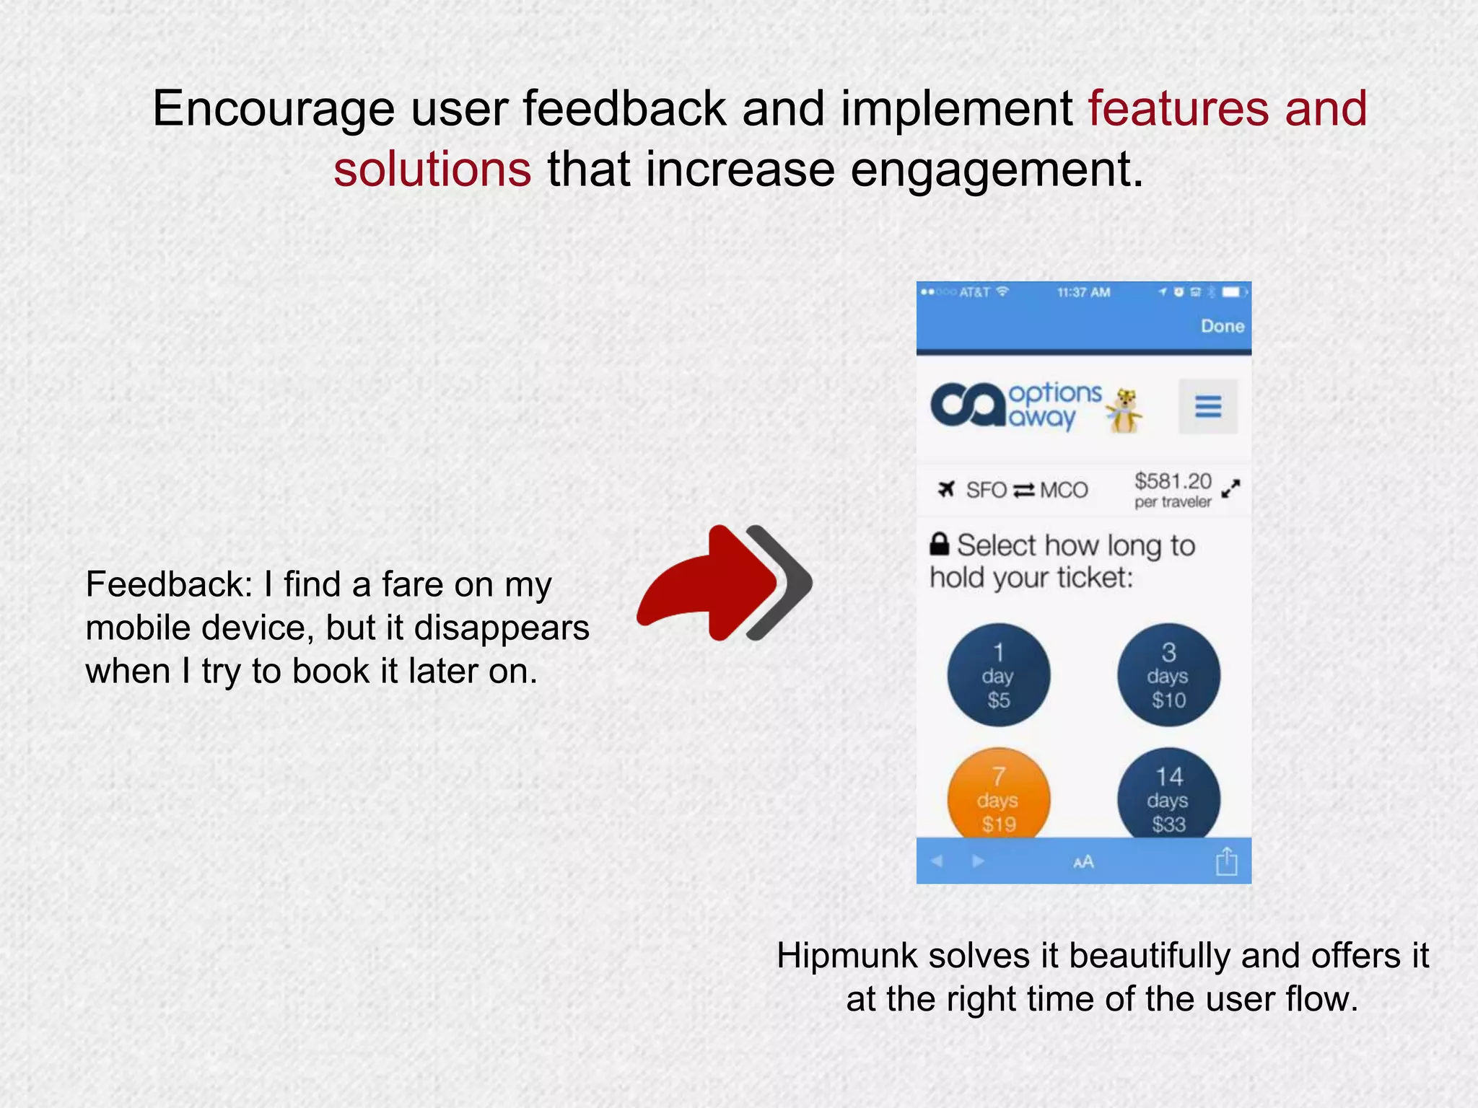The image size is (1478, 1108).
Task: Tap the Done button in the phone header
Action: coord(1222,326)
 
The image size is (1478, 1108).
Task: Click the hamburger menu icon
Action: coord(1208,407)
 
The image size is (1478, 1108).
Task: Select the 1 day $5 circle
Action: coord(998,675)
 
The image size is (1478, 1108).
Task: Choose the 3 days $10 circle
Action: coord(1168,675)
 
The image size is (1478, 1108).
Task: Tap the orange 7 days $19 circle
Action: coord(998,796)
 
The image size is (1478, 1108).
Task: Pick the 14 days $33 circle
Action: coord(1168,796)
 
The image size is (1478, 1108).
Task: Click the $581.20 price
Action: coord(1173,481)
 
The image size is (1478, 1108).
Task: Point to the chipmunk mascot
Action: coord(1124,410)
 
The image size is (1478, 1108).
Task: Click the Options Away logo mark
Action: coord(967,405)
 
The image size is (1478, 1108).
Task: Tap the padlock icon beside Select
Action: coord(939,544)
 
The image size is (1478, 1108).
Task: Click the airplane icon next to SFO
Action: coord(946,490)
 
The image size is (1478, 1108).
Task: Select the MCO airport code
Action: coord(1063,491)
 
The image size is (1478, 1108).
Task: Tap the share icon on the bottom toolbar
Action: coord(1226,861)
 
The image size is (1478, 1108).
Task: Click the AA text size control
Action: coord(1083,862)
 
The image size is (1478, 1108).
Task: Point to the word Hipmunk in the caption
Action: coord(847,956)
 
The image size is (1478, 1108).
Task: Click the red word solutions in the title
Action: coord(432,170)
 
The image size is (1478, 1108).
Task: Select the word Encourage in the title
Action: coord(274,110)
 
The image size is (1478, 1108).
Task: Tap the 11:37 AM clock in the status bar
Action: coord(1083,292)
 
